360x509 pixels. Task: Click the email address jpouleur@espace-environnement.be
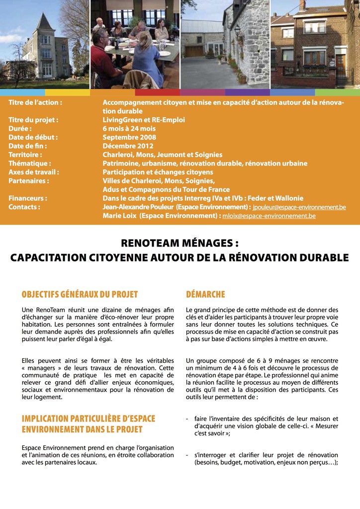(299, 207)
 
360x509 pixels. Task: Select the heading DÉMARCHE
(205, 294)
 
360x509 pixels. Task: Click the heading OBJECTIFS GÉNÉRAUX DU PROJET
(80, 294)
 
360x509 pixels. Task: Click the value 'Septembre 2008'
(129, 137)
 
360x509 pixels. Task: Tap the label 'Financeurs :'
(28, 198)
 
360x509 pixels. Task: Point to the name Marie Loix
(119, 216)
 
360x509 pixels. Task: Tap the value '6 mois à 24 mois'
(129, 129)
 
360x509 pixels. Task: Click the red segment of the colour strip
(157, 92)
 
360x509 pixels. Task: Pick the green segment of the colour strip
(337, 92)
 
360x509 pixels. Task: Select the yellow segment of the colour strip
(67, 92)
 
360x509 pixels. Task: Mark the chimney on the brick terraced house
(302, 5)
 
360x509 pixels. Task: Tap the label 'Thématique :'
(30, 163)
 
